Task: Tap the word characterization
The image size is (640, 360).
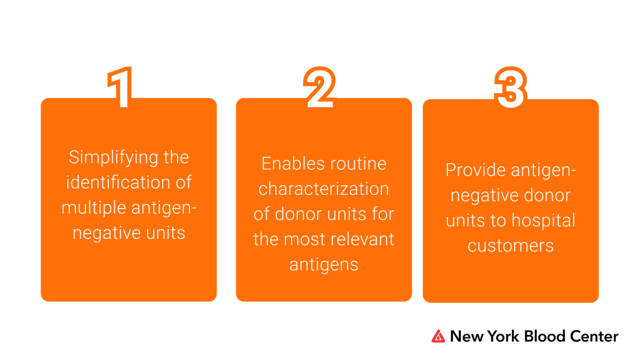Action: pyautogui.click(x=324, y=189)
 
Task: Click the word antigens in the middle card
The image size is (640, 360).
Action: pyautogui.click(x=324, y=264)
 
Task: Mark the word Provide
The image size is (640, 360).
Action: pyautogui.click(x=475, y=170)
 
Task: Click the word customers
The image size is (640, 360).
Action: pyautogui.click(x=510, y=245)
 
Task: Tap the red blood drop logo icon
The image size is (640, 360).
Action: pyautogui.click(x=438, y=336)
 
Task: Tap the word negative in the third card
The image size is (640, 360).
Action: pyautogui.click(x=481, y=195)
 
